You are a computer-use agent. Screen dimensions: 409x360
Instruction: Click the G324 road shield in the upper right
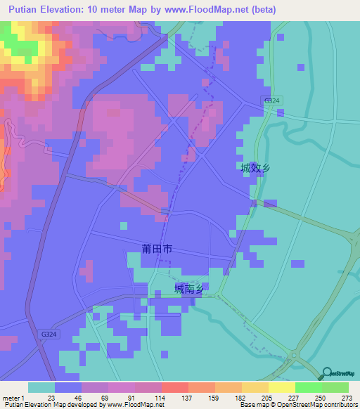(271, 101)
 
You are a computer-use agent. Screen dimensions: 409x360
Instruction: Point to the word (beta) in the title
(262, 10)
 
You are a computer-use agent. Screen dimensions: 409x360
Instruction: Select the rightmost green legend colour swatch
(335, 387)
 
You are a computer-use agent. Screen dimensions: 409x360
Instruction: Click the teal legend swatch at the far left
(41, 387)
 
